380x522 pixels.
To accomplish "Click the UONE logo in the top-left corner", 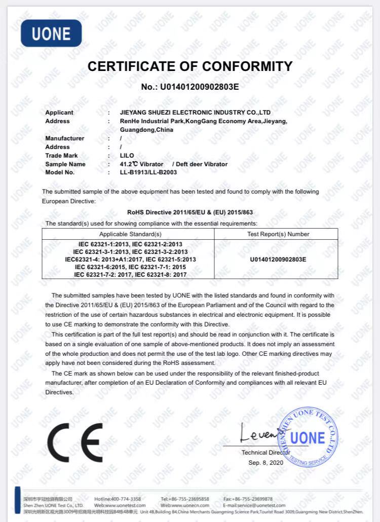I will click(x=51, y=33).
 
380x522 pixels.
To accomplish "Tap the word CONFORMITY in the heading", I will click(x=247, y=66).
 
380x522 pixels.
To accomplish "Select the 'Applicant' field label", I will click(x=59, y=113).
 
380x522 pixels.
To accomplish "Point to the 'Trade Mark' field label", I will click(x=62, y=156).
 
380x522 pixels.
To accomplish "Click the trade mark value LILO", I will click(x=127, y=156).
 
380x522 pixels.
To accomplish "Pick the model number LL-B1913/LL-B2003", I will click(x=148, y=172).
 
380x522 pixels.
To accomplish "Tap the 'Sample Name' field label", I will click(x=65, y=164).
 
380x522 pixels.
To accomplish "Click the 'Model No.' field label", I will click(x=60, y=172).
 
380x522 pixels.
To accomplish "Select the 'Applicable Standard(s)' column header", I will click(x=130, y=234).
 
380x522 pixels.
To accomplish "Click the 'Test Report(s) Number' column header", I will click(x=278, y=234).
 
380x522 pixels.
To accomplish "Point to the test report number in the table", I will click(x=278, y=259).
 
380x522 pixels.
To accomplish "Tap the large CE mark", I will click(x=75, y=442).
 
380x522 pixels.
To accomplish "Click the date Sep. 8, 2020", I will click(x=266, y=463).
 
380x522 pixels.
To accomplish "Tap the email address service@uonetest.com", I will click(x=248, y=505).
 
